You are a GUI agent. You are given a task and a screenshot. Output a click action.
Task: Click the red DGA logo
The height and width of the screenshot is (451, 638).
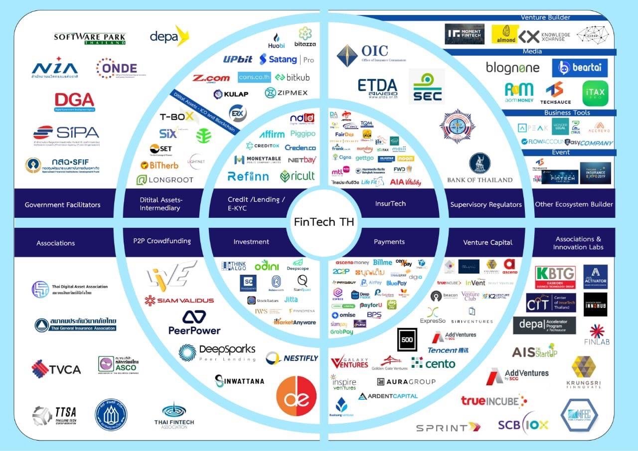(75, 102)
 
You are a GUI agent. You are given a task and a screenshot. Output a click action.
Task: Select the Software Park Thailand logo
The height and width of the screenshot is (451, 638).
(90, 38)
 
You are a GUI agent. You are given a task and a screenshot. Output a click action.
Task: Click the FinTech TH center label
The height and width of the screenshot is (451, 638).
(324, 222)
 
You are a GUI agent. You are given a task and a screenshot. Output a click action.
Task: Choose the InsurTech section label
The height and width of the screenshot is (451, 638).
(390, 203)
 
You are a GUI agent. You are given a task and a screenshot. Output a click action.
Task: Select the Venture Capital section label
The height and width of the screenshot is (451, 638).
(487, 242)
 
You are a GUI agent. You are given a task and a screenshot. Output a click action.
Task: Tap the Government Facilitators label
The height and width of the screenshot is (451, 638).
(63, 204)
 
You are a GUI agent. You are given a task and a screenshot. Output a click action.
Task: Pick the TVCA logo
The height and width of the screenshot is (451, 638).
(56, 369)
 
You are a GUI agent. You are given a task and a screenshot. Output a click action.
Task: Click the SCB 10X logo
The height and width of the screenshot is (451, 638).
(523, 424)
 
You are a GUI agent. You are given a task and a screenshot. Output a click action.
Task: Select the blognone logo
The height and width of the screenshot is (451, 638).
(512, 68)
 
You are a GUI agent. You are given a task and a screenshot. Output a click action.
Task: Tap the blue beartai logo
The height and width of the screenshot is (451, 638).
(579, 68)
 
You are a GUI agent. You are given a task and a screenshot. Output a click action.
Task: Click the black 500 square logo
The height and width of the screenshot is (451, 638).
(407, 340)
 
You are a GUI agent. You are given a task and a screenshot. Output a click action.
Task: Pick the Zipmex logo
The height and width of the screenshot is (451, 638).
(286, 93)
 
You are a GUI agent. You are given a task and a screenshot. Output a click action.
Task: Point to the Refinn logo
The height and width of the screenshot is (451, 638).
(248, 176)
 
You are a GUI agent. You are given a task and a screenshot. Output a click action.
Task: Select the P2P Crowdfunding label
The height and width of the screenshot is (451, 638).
(162, 241)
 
